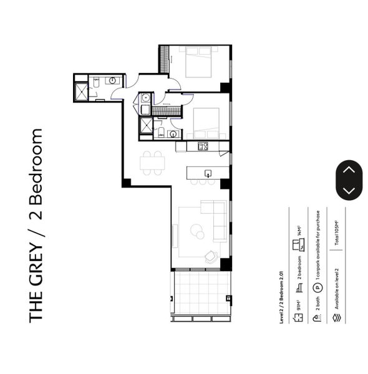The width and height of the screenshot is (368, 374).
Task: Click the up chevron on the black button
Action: [349, 169]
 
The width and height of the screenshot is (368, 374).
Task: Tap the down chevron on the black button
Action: [349, 191]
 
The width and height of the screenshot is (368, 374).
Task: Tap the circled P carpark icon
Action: [317, 287]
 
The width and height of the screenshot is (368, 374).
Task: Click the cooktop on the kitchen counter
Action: [203, 146]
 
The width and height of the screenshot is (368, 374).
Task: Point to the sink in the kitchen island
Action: [208, 173]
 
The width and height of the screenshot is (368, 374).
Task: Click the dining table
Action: [153, 163]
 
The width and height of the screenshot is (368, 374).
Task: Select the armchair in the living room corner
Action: [211, 256]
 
